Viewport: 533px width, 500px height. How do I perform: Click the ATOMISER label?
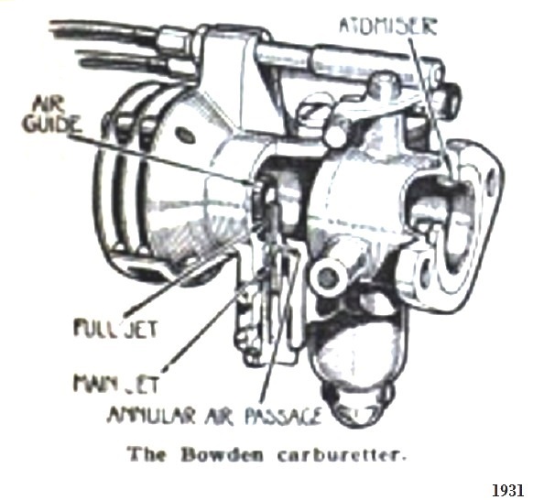388,26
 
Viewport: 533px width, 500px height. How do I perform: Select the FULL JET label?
115,328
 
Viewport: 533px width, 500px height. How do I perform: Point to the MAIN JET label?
115,384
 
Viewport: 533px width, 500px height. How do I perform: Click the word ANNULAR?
151,416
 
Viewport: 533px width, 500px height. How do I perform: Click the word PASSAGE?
283,416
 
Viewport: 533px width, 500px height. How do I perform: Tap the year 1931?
508,491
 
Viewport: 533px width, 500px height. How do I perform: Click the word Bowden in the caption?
222,455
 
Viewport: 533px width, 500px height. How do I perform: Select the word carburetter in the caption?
342,455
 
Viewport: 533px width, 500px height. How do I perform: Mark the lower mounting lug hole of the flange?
426,273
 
